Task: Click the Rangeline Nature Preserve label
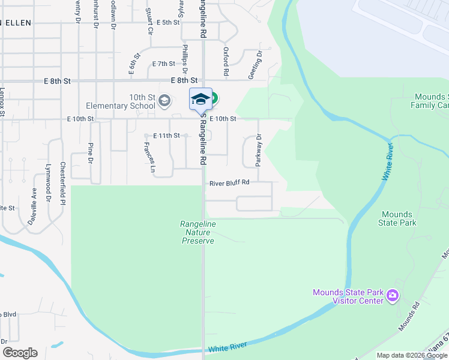click(x=197, y=232)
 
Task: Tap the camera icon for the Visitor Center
click(x=393, y=295)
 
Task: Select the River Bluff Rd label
click(x=229, y=183)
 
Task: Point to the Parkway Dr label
click(x=259, y=149)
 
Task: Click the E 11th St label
click(x=166, y=136)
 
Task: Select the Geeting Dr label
click(x=259, y=64)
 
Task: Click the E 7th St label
click(x=163, y=64)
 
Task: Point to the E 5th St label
click(x=167, y=22)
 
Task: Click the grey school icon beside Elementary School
click(x=164, y=101)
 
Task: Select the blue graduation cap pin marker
click(x=201, y=99)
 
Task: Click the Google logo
click(x=20, y=353)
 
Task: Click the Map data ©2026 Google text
click(x=412, y=355)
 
